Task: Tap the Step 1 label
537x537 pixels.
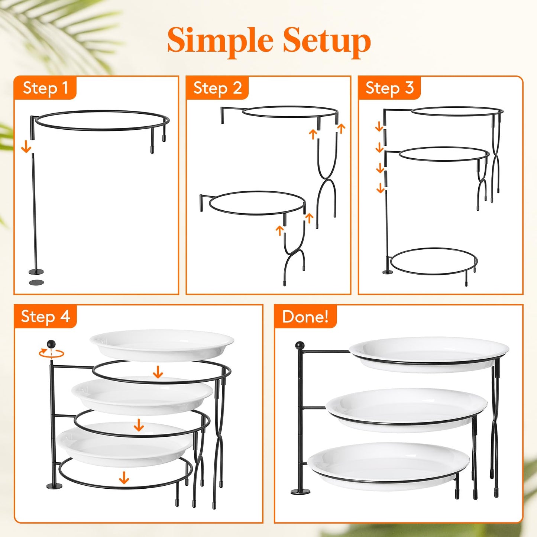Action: tap(45, 88)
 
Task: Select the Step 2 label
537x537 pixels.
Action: tap(217, 88)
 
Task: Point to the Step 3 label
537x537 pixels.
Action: tap(389, 88)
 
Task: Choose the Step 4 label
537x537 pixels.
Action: tap(45, 317)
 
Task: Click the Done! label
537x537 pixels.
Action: tap(305, 317)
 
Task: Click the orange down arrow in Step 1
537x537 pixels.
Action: tap(26, 147)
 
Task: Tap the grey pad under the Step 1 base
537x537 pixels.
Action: tap(36, 282)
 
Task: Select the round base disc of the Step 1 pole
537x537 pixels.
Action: tap(36, 272)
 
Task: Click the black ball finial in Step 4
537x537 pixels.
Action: tap(51, 344)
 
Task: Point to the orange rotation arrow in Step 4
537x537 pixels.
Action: tap(51, 353)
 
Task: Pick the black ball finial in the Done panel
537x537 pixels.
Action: tap(300, 346)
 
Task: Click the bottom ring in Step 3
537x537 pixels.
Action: tap(434, 262)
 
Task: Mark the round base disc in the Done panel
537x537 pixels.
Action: tap(300, 492)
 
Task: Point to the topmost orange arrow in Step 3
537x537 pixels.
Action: tap(379, 127)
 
